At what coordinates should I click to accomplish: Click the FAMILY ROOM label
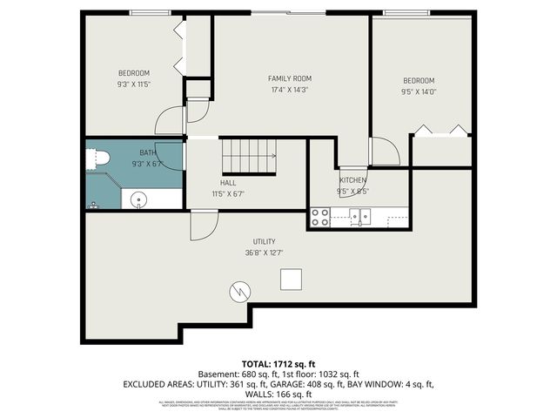(x=289, y=78)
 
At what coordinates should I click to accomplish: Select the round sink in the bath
(x=137, y=200)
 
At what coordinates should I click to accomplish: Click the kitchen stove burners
(x=321, y=217)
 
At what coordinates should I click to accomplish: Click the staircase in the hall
(x=248, y=156)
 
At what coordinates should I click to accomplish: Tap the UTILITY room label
(x=265, y=241)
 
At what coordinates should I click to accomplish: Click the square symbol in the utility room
(x=291, y=279)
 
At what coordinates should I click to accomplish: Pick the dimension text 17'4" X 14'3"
(x=289, y=90)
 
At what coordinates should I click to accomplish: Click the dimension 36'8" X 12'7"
(x=265, y=253)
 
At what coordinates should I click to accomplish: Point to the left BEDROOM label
(x=134, y=72)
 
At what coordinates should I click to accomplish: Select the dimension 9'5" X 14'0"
(x=419, y=90)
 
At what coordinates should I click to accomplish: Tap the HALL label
(x=228, y=182)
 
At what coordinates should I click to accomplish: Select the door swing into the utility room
(x=202, y=226)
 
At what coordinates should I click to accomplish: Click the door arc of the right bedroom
(x=388, y=152)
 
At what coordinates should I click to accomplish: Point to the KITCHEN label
(x=352, y=180)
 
